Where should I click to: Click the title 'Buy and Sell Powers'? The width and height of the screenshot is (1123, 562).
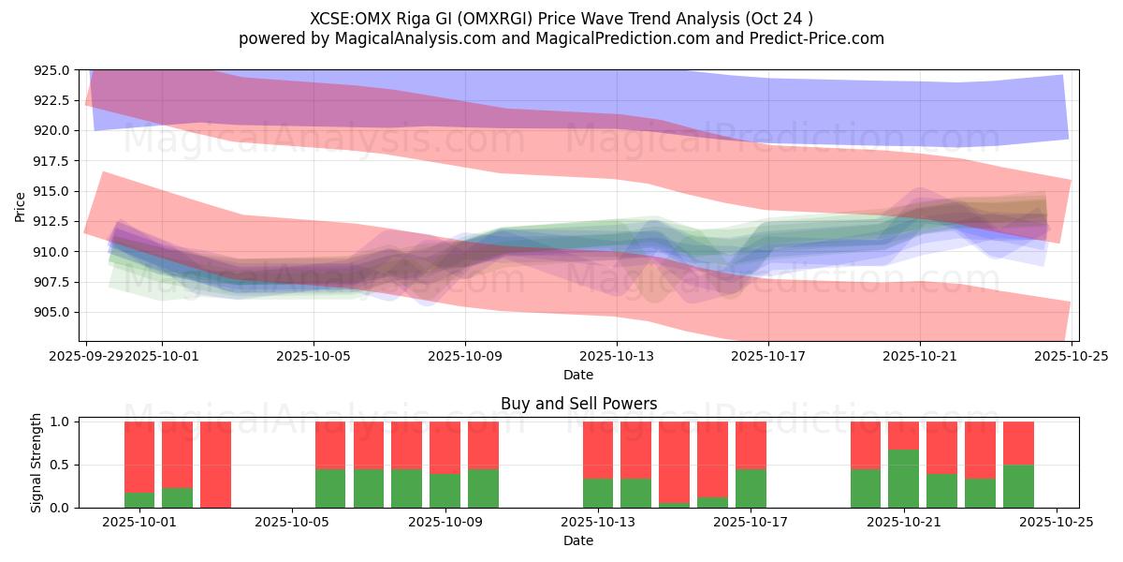(578, 405)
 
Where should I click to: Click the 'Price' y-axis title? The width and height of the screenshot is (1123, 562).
(21, 206)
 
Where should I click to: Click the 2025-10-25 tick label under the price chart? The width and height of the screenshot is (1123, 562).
(1071, 356)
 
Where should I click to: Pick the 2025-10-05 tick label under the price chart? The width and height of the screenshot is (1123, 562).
(314, 356)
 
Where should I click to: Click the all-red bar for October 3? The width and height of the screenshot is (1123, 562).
(215, 465)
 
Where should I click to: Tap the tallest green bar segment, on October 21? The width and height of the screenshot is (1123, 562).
(904, 479)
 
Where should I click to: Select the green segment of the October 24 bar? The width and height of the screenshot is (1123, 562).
(1018, 486)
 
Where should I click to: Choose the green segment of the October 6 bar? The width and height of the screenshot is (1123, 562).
(330, 488)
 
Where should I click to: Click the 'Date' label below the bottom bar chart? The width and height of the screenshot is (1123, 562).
(578, 540)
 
